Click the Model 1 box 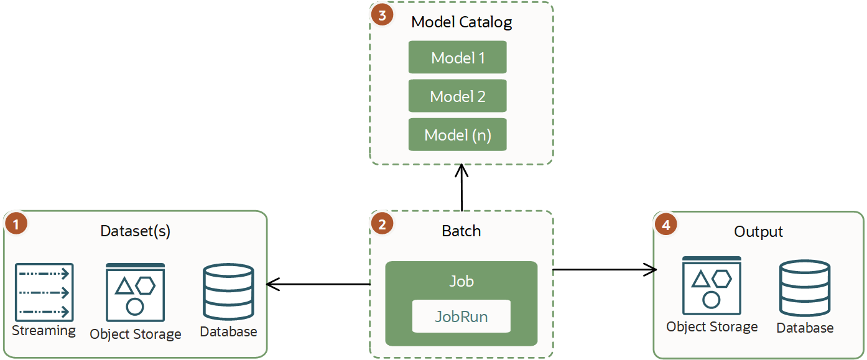point(457,58)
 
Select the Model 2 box point(457,96)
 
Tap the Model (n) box point(457,135)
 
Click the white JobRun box point(461,316)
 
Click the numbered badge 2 point(381,224)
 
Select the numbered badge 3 point(381,15)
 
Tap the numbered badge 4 point(665,224)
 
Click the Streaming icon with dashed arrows point(44,292)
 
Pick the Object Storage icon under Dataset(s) point(135,292)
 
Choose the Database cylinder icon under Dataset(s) point(228,292)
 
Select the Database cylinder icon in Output point(805,288)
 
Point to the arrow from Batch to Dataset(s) point(318,285)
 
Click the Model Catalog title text point(461,23)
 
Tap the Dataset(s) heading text point(135,231)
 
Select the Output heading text point(758,232)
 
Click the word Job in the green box point(461,281)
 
